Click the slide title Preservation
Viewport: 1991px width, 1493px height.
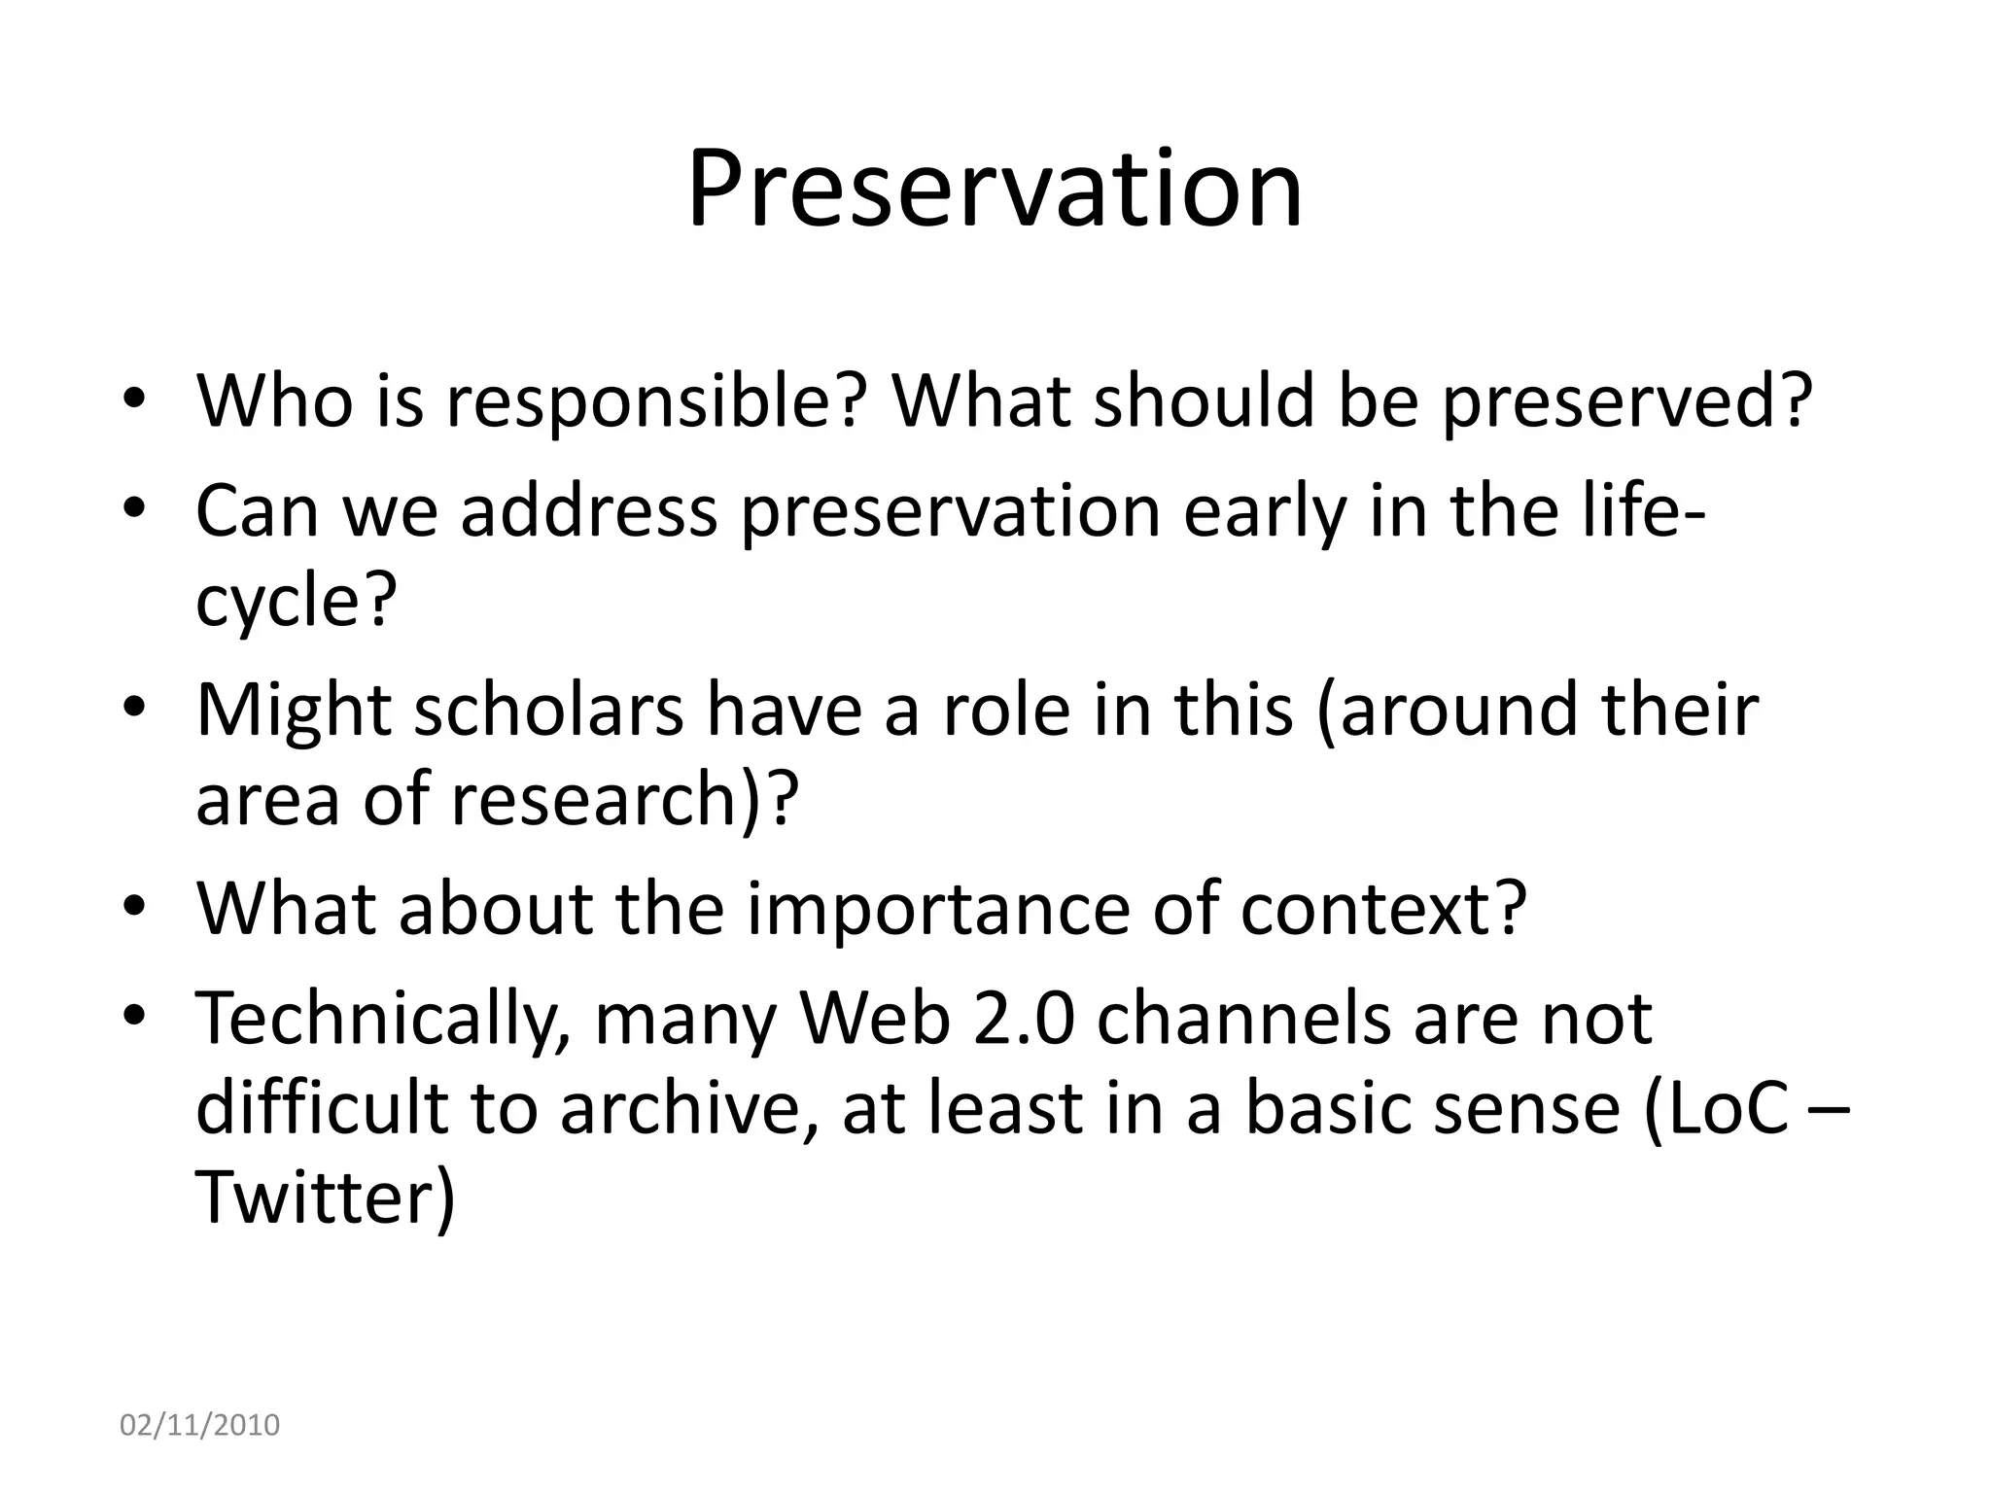tap(994, 189)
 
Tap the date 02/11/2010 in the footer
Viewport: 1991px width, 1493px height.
tap(199, 1425)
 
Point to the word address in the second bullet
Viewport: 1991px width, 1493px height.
tap(588, 511)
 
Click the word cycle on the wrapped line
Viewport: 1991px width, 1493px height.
tap(278, 600)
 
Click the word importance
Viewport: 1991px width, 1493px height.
tap(938, 909)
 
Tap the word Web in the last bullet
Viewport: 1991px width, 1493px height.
tap(874, 1020)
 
